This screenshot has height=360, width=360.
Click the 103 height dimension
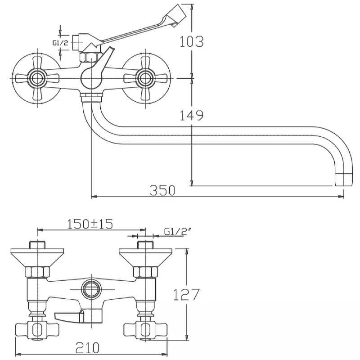click(x=191, y=41)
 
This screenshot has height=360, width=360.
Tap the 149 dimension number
click(x=191, y=115)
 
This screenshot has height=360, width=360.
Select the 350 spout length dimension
click(x=162, y=190)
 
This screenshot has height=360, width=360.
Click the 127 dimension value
click(x=186, y=295)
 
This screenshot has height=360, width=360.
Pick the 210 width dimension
click(x=87, y=347)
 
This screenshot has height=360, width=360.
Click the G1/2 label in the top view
click(x=60, y=43)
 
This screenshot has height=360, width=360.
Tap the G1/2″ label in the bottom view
click(x=178, y=231)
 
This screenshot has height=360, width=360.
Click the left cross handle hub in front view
click(x=37, y=78)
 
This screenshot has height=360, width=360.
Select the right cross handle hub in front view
click(x=145, y=78)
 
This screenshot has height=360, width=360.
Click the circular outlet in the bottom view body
click(x=92, y=289)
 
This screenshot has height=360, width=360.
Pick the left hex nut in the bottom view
click(x=37, y=272)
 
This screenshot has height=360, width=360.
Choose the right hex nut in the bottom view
click(x=145, y=272)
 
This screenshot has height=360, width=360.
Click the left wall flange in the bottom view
click(x=37, y=257)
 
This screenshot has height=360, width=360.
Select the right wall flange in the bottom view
click(x=145, y=257)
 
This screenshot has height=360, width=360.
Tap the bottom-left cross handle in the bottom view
click(x=37, y=330)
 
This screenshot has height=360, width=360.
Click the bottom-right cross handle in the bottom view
click(x=145, y=330)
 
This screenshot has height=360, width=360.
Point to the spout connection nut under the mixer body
click(x=91, y=97)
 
